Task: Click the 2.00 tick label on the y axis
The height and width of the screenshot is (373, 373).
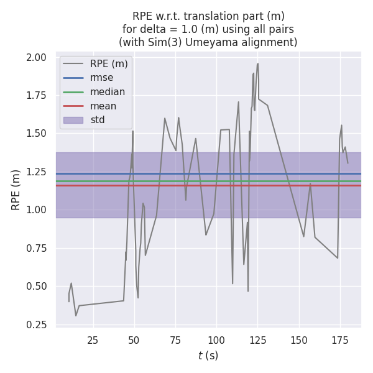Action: point(37,58)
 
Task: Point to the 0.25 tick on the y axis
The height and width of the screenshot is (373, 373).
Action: point(37,325)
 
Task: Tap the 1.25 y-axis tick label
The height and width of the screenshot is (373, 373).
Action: point(37,172)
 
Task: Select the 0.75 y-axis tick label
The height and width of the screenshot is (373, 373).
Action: point(37,249)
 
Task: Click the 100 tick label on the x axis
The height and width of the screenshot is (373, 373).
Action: point(216,340)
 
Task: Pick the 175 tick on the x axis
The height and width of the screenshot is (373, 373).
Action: point(340,340)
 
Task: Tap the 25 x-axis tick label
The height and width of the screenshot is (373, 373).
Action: point(93,340)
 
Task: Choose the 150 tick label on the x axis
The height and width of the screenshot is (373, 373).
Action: point(299,340)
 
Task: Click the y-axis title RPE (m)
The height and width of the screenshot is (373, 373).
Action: point(16,190)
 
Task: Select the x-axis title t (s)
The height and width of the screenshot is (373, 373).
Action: point(208,356)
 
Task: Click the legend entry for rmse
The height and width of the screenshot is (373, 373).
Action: point(101,78)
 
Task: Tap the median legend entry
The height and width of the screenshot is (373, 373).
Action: point(108,92)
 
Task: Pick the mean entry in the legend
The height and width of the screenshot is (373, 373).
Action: point(103,106)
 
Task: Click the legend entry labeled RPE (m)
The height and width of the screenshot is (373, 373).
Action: point(109,63)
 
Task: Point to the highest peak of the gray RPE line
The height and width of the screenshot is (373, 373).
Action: point(257,63)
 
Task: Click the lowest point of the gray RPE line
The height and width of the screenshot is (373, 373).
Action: point(76,315)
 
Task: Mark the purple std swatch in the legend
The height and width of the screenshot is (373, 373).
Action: point(73,120)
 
